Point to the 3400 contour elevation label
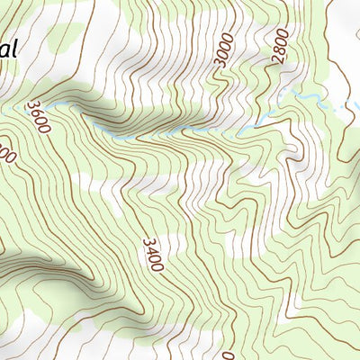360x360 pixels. point(152,255)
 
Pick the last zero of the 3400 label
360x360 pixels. point(156,268)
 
